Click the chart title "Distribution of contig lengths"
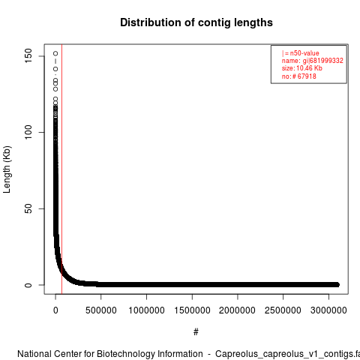[196, 22]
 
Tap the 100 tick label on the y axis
[28, 132]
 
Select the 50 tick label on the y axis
[28, 208]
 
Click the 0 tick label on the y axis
[28, 285]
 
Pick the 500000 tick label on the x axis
[101, 310]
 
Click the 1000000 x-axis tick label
[146, 310]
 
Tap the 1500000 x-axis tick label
[192, 310]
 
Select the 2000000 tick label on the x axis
[237, 310]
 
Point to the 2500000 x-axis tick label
[283, 310]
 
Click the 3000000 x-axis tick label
[328, 310]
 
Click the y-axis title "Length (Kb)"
[7, 169]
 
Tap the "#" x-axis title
[196, 332]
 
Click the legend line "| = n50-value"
[301, 53]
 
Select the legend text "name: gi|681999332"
[313, 61]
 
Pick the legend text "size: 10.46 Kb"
[302, 68]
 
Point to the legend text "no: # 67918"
[299, 76]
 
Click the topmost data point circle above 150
[55, 53]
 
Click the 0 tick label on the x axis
[55, 310]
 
